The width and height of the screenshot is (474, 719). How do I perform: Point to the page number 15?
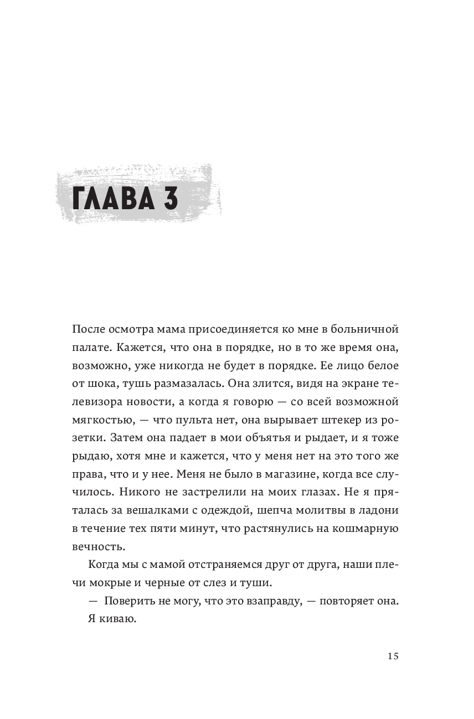tap(393, 656)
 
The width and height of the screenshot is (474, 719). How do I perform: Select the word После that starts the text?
tap(89, 329)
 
